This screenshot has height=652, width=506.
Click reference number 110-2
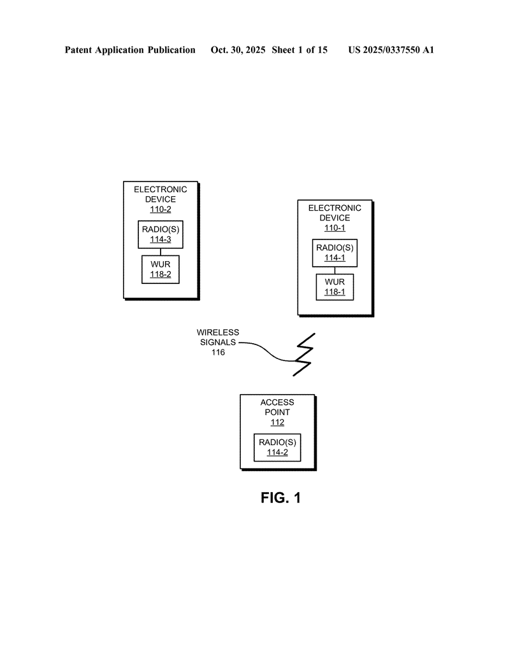[x=160, y=209]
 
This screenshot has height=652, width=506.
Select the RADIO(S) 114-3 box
[x=161, y=234]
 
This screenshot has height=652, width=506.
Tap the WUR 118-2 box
[x=161, y=269]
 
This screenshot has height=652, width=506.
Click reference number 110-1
[x=335, y=228]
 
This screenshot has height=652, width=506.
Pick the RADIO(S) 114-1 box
[x=335, y=253]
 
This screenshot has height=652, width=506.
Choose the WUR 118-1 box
[x=335, y=287]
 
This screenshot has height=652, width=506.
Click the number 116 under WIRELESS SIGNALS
[x=218, y=352]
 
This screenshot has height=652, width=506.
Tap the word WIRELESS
[x=217, y=332]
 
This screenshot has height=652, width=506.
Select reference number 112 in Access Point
[x=277, y=422]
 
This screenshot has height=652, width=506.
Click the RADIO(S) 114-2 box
[x=277, y=448]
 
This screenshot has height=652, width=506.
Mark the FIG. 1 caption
[x=280, y=498]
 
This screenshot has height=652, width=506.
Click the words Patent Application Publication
[x=130, y=50]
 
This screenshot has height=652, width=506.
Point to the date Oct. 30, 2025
[x=238, y=50]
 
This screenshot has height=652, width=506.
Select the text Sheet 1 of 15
[x=300, y=50]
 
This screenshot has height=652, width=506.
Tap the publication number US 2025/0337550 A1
[x=391, y=50]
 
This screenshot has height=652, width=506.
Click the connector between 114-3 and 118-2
[x=161, y=252]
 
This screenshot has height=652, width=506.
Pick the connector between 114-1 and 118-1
[x=335, y=270]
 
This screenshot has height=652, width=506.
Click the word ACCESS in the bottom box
[x=277, y=402]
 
